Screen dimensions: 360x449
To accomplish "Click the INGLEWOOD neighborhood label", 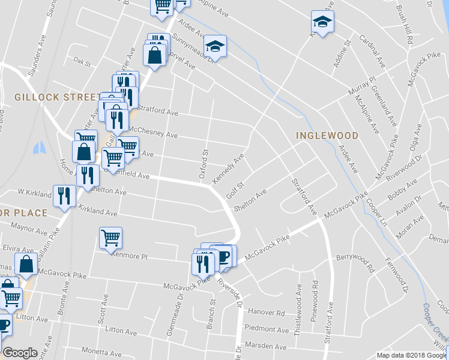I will point(327,136).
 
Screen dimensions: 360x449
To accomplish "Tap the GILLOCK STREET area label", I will point(57,97).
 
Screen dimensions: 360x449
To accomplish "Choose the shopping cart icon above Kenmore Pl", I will point(110,238).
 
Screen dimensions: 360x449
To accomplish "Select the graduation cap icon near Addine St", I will point(322,22).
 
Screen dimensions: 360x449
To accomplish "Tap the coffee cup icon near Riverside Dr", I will point(224,257).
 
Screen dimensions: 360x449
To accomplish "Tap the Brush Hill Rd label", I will point(410,30).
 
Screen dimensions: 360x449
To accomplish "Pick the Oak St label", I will point(81,62).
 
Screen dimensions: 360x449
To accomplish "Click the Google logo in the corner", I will point(20,353).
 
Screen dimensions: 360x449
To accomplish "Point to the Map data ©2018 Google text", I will point(412,355).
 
